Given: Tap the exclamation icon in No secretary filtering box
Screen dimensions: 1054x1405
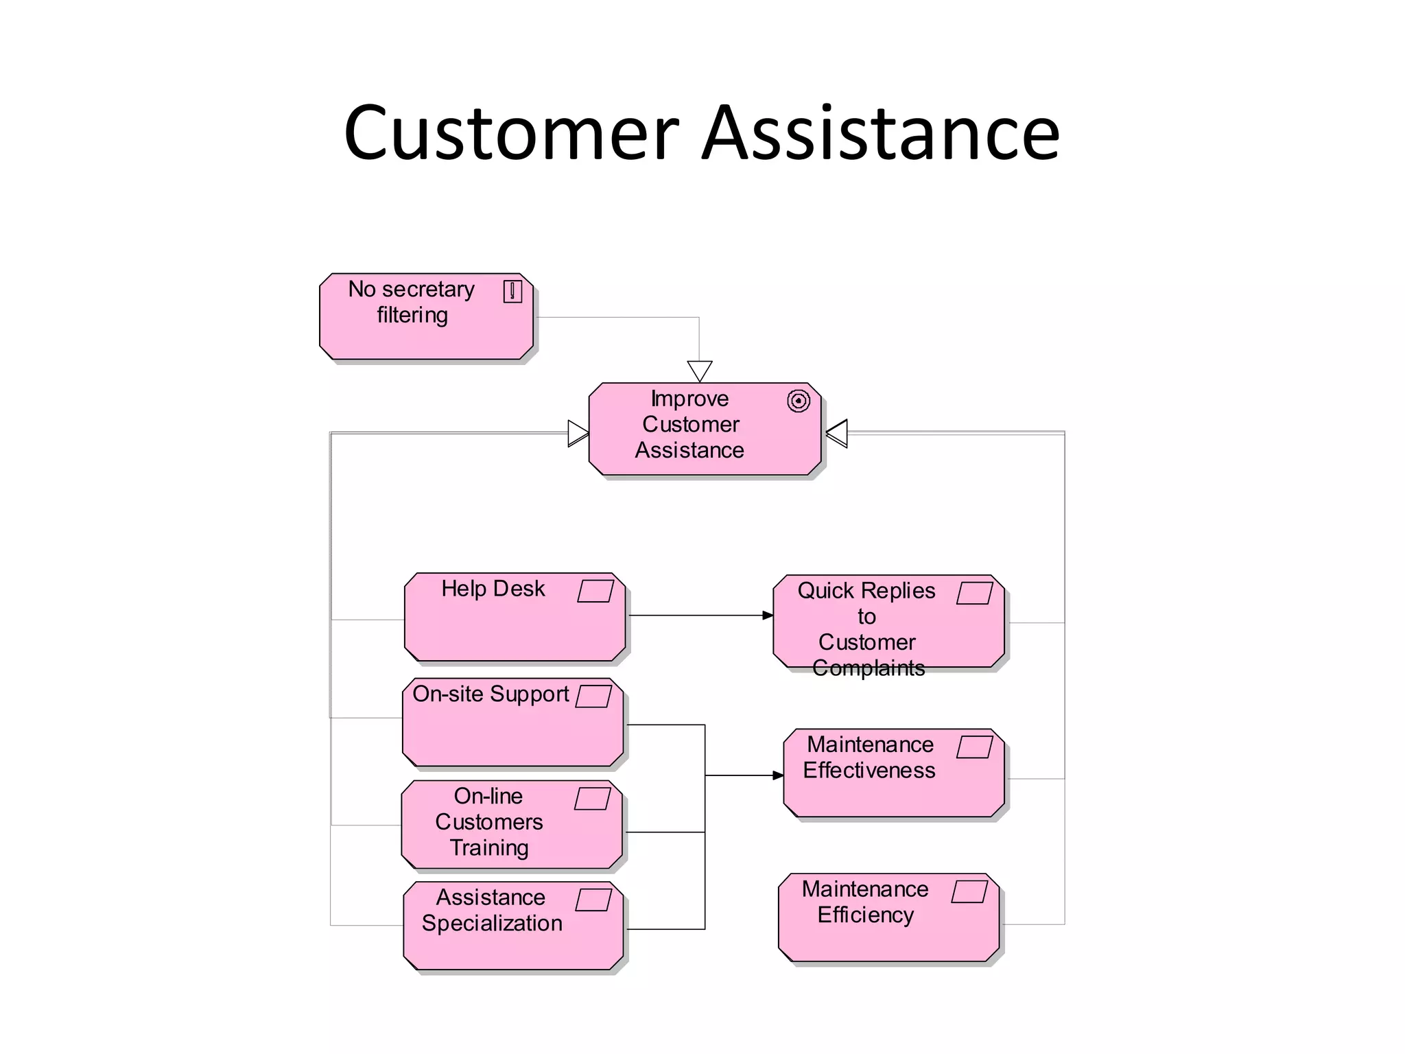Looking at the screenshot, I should [x=512, y=292].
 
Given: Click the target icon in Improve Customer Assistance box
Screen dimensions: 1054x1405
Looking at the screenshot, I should [x=799, y=401].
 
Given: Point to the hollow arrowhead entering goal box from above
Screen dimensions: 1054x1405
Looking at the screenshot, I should [x=700, y=371].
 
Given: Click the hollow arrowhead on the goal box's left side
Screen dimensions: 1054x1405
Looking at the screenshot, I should [x=578, y=434].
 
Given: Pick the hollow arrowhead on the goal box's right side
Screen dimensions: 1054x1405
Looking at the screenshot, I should [x=838, y=434].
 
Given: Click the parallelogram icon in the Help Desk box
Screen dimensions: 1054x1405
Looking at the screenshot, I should [x=595, y=591].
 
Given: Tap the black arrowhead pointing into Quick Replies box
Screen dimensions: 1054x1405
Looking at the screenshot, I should [x=768, y=616].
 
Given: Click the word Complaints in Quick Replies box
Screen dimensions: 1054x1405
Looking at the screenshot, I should [x=869, y=668].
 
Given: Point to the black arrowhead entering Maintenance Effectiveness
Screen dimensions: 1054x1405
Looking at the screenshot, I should [x=778, y=775].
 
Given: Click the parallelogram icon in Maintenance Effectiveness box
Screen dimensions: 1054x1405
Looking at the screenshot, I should [x=975, y=747].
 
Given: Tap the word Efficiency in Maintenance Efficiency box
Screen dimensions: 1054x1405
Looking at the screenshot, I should [x=866, y=915].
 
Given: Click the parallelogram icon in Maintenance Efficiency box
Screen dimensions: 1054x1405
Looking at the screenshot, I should [x=970, y=891].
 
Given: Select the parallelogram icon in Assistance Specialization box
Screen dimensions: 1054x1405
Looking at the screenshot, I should [x=593, y=900].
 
